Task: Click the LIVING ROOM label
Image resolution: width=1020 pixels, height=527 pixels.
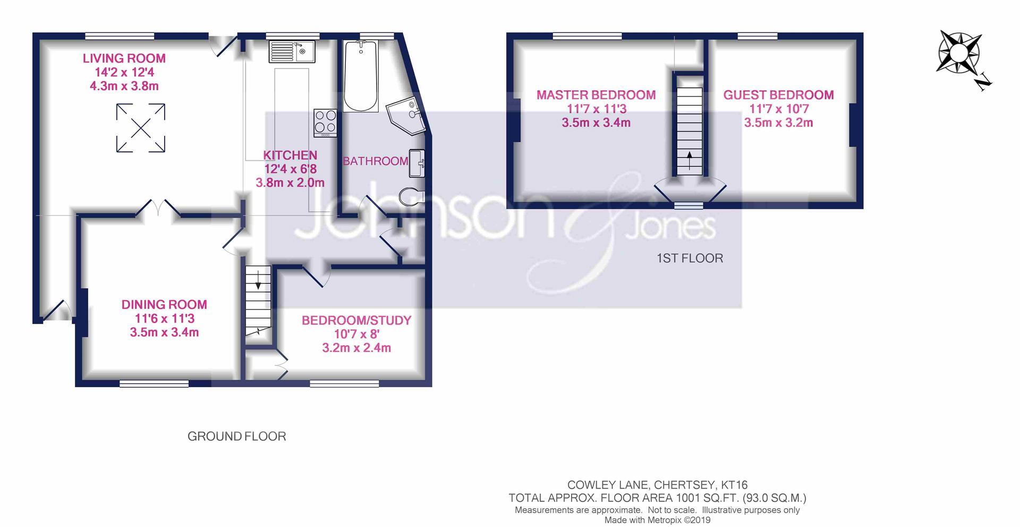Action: click(124, 58)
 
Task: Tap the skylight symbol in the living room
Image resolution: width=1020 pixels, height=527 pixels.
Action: click(141, 128)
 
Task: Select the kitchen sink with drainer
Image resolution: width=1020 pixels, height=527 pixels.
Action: click(292, 52)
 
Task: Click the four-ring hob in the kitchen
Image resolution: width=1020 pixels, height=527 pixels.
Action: click(325, 123)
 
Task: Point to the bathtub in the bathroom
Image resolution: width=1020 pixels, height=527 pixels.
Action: click(361, 76)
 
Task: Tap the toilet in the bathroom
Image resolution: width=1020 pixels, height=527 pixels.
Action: click(412, 196)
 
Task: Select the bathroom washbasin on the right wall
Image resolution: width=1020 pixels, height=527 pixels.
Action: click(416, 163)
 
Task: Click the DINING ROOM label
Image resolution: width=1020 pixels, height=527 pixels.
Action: click(164, 305)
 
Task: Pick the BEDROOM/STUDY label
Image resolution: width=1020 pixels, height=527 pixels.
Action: click(356, 320)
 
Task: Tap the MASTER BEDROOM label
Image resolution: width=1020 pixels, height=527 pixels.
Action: click(596, 95)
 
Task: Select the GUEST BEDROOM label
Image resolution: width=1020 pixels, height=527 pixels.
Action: click(778, 95)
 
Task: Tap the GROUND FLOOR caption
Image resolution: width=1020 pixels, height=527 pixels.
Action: click(236, 437)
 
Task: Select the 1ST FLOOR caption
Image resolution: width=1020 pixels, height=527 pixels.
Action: click(690, 258)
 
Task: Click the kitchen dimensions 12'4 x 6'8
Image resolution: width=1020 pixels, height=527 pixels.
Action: click(291, 169)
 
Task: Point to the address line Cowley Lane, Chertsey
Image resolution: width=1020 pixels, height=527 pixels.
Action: click(657, 485)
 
